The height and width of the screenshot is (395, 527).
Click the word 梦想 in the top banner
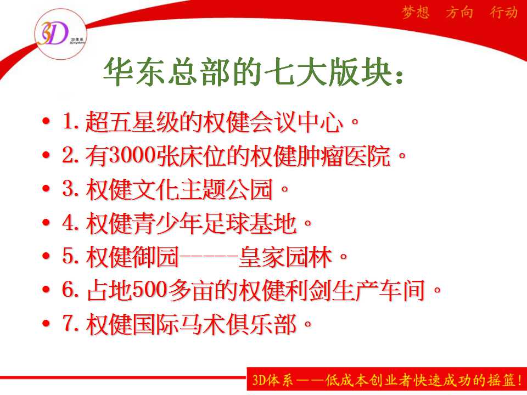416,13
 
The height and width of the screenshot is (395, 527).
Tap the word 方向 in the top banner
459,13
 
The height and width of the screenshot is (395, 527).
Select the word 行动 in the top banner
503,13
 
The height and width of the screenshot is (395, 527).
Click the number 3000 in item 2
132,155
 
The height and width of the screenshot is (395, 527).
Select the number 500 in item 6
150,290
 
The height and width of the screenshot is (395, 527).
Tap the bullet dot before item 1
46,121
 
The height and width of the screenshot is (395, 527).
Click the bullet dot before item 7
46,323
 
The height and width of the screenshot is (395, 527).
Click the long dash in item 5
208,257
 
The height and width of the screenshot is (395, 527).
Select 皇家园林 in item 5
285,257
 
